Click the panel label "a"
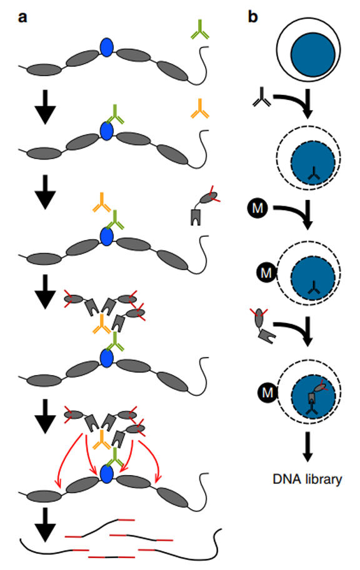coord(22,17)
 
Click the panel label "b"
coord(252,17)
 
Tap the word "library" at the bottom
coord(322,479)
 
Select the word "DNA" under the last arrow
coord(286,479)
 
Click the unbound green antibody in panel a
coord(200,30)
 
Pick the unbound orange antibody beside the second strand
coord(199,109)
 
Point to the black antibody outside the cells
coord(262,97)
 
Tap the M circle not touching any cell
coord(257,208)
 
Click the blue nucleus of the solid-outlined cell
coord(312,55)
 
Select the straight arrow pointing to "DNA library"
coord(307,446)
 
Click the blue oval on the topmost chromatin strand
coord(106,47)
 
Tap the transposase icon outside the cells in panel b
coord(262,326)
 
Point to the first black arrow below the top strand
coord(45,107)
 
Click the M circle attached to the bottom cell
coord(267,392)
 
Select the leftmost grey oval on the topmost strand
coord(44,70)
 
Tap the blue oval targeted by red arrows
coord(106,474)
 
